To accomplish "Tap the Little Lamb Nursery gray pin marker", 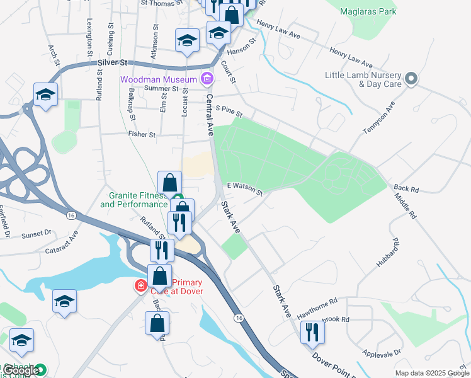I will (411, 79).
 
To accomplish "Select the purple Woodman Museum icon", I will (205, 79).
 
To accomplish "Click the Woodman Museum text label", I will (157, 79).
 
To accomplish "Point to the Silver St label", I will (113, 63).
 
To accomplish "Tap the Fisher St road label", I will (142, 134).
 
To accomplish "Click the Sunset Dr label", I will (36, 234).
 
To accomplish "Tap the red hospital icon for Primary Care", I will (140, 286).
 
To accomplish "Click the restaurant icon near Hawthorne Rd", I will (311, 331).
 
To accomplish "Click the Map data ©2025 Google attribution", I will (431, 373).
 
